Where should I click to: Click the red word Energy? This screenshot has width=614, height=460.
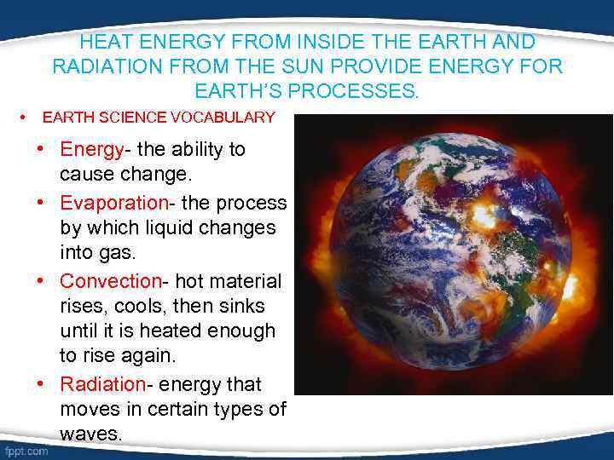(x=91, y=150)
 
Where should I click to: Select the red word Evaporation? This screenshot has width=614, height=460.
(x=114, y=203)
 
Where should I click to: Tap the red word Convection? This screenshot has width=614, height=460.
(x=110, y=281)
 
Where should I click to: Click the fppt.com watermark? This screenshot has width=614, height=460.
(x=26, y=451)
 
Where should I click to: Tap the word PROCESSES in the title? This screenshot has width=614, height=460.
(x=362, y=90)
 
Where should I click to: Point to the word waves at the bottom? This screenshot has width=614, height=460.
(x=90, y=434)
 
